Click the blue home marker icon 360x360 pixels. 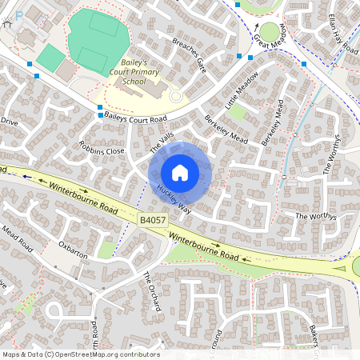[x=180, y=172]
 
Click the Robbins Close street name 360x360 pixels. [x=102, y=150]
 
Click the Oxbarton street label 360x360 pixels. [x=72, y=250]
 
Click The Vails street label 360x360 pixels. [x=161, y=144]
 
